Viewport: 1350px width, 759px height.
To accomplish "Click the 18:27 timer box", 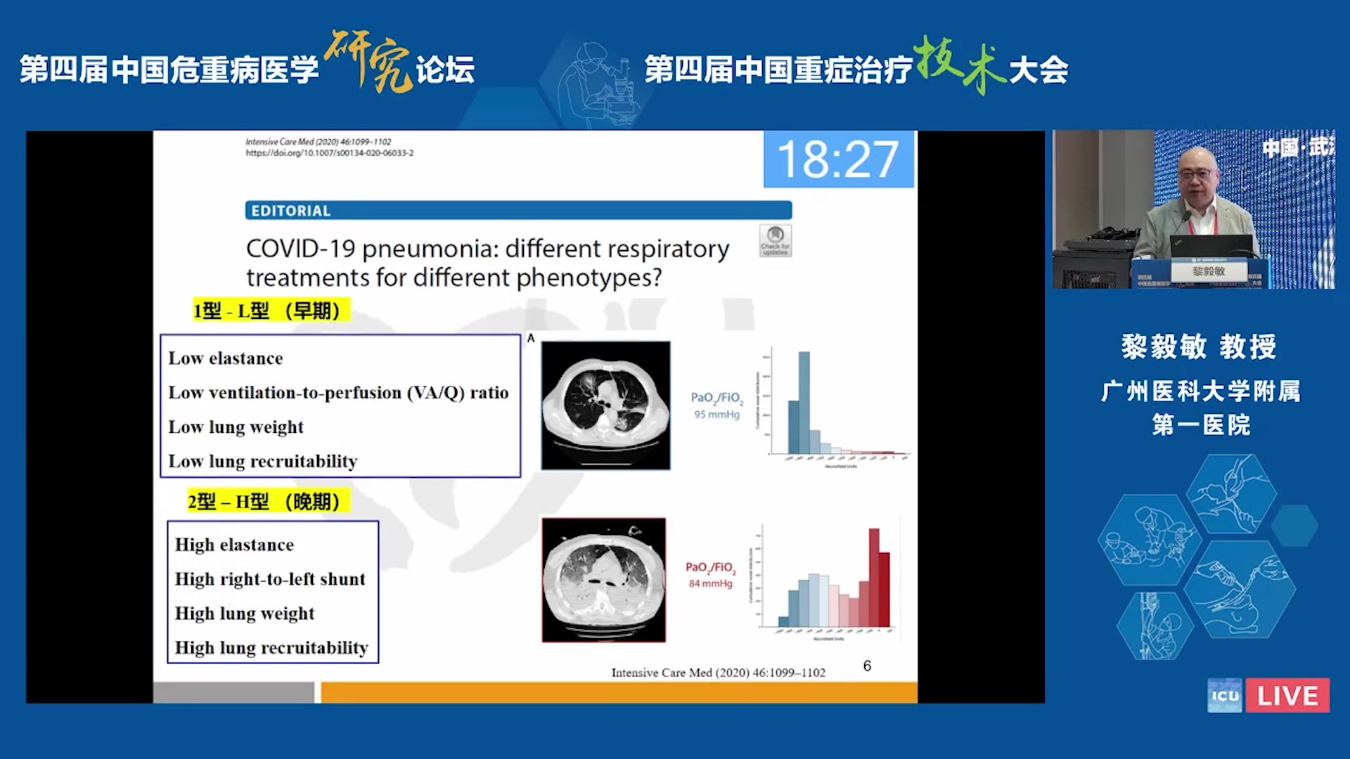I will (x=838, y=160).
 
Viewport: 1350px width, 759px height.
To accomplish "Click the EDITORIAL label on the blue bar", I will (x=290, y=211).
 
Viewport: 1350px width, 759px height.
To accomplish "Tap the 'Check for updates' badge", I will (x=775, y=240).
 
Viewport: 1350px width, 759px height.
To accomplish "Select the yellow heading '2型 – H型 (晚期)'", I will (x=264, y=502).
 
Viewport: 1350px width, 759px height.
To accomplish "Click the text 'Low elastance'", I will (x=225, y=358).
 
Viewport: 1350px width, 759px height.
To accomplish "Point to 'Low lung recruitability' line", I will (x=262, y=462).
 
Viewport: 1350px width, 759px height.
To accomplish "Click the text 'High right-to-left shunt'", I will (x=270, y=579).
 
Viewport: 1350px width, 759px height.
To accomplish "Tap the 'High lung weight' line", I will (x=244, y=614).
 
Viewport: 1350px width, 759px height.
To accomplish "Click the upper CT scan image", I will (x=605, y=406).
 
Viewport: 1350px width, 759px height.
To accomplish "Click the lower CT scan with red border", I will (x=603, y=580).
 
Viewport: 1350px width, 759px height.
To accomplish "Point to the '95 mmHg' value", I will (x=716, y=415).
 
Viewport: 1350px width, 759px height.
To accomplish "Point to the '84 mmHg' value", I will (x=710, y=584).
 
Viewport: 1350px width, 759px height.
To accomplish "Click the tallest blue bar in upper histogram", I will (x=804, y=402).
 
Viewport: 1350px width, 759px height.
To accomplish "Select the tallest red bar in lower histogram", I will (x=874, y=576).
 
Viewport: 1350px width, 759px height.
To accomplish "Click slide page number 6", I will (x=867, y=666).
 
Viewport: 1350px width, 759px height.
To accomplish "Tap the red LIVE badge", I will (x=1287, y=696).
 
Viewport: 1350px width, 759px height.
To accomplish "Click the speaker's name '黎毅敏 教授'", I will (x=1198, y=347).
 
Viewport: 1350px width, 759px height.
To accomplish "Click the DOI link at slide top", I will (x=329, y=153).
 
